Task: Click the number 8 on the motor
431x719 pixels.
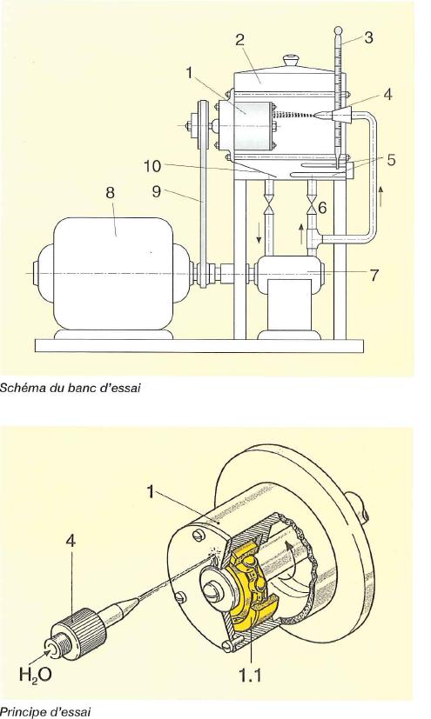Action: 110,192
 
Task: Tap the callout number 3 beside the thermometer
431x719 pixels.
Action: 368,37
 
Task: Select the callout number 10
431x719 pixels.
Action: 152,166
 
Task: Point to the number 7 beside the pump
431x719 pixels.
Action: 374,275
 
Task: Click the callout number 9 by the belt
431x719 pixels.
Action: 157,191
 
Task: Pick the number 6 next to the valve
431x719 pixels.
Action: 322,208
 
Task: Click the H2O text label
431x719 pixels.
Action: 36,675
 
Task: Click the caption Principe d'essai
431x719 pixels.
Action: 45,712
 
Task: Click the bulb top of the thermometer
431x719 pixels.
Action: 339,30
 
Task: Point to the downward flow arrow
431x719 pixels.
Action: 259,234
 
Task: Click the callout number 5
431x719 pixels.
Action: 391,160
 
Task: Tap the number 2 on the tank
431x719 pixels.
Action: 239,39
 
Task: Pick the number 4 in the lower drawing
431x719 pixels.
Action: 71,541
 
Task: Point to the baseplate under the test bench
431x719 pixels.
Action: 200,346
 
